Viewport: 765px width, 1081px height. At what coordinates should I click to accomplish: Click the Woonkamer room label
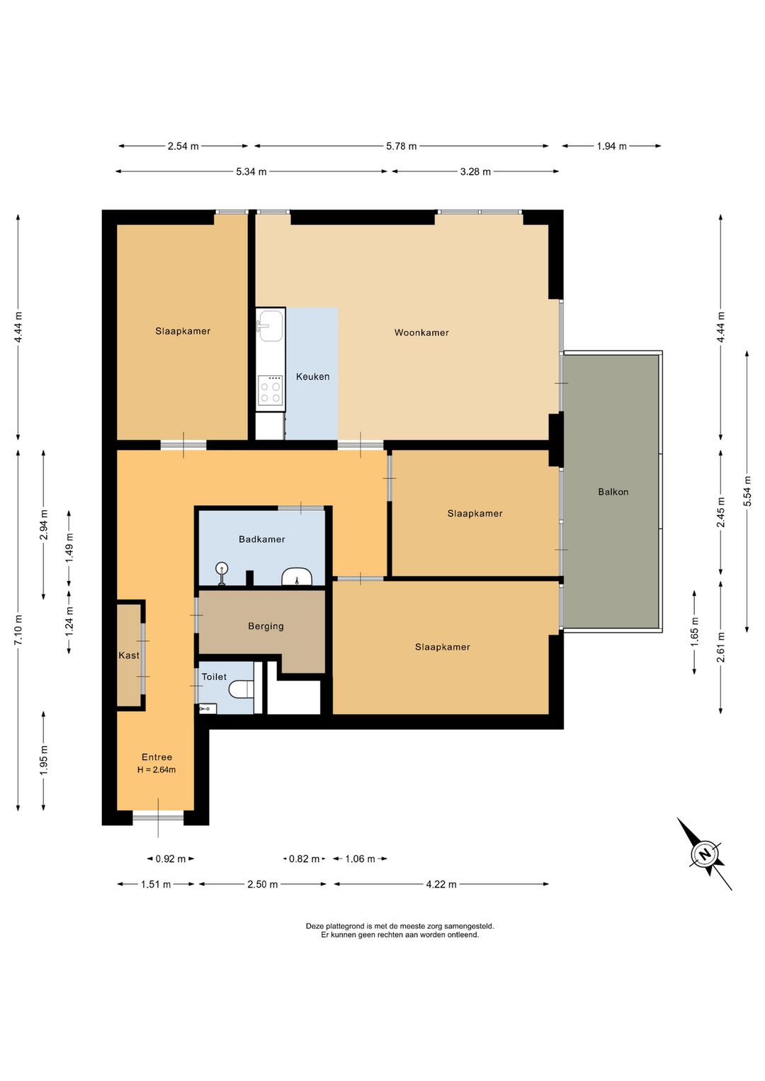(421, 332)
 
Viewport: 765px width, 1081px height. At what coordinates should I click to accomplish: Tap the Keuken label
(313, 376)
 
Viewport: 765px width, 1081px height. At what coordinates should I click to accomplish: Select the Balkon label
(613, 492)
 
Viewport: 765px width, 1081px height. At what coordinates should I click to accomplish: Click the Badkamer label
(261, 539)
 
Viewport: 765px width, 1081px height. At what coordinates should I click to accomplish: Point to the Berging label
(266, 626)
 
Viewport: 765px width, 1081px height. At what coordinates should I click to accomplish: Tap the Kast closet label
(129, 655)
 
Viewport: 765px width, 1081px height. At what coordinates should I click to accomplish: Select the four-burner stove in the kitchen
(271, 390)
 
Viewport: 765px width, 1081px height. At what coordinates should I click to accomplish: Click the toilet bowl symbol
(242, 689)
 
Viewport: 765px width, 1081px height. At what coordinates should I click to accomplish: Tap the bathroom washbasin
(296, 576)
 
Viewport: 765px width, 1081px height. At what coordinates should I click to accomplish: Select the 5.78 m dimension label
(401, 146)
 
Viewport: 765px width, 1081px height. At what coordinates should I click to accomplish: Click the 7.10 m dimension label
(18, 630)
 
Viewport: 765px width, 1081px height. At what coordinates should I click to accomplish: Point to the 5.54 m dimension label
(747, 491)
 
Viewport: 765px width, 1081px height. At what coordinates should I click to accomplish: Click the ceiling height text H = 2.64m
(157, 770)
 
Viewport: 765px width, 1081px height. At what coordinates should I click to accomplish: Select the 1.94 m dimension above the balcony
(611, 146)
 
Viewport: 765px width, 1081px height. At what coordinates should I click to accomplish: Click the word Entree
(157, 757)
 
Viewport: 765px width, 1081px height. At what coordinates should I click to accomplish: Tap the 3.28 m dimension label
(475, 171)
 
